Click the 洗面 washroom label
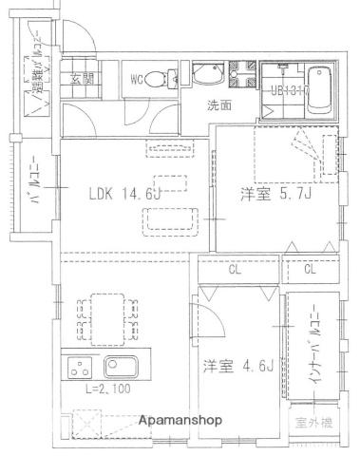tap(220, 105)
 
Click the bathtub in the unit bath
tap(320, 90)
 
